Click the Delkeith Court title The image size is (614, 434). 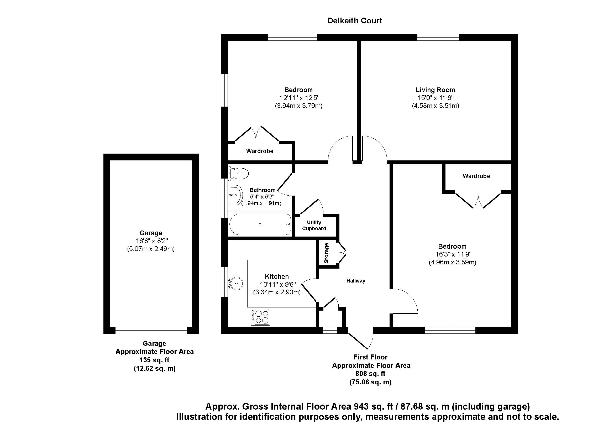coord(354,20)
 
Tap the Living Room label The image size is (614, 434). coord(435,90)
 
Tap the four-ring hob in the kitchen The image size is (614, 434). coord(260,317)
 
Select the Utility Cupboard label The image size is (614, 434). coord(314,226)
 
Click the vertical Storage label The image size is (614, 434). coord(326,253)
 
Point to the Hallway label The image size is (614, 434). coord(356,280)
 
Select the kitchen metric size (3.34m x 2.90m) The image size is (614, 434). coord(277,292)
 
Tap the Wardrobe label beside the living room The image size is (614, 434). coord(476,176)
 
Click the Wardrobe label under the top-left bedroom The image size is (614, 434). coord(259,151)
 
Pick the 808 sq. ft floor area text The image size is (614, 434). coord(370,374)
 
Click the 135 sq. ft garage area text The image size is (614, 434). coord(154,360)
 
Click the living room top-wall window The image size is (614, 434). coord(438,37)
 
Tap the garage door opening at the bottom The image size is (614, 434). coord(151,331)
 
